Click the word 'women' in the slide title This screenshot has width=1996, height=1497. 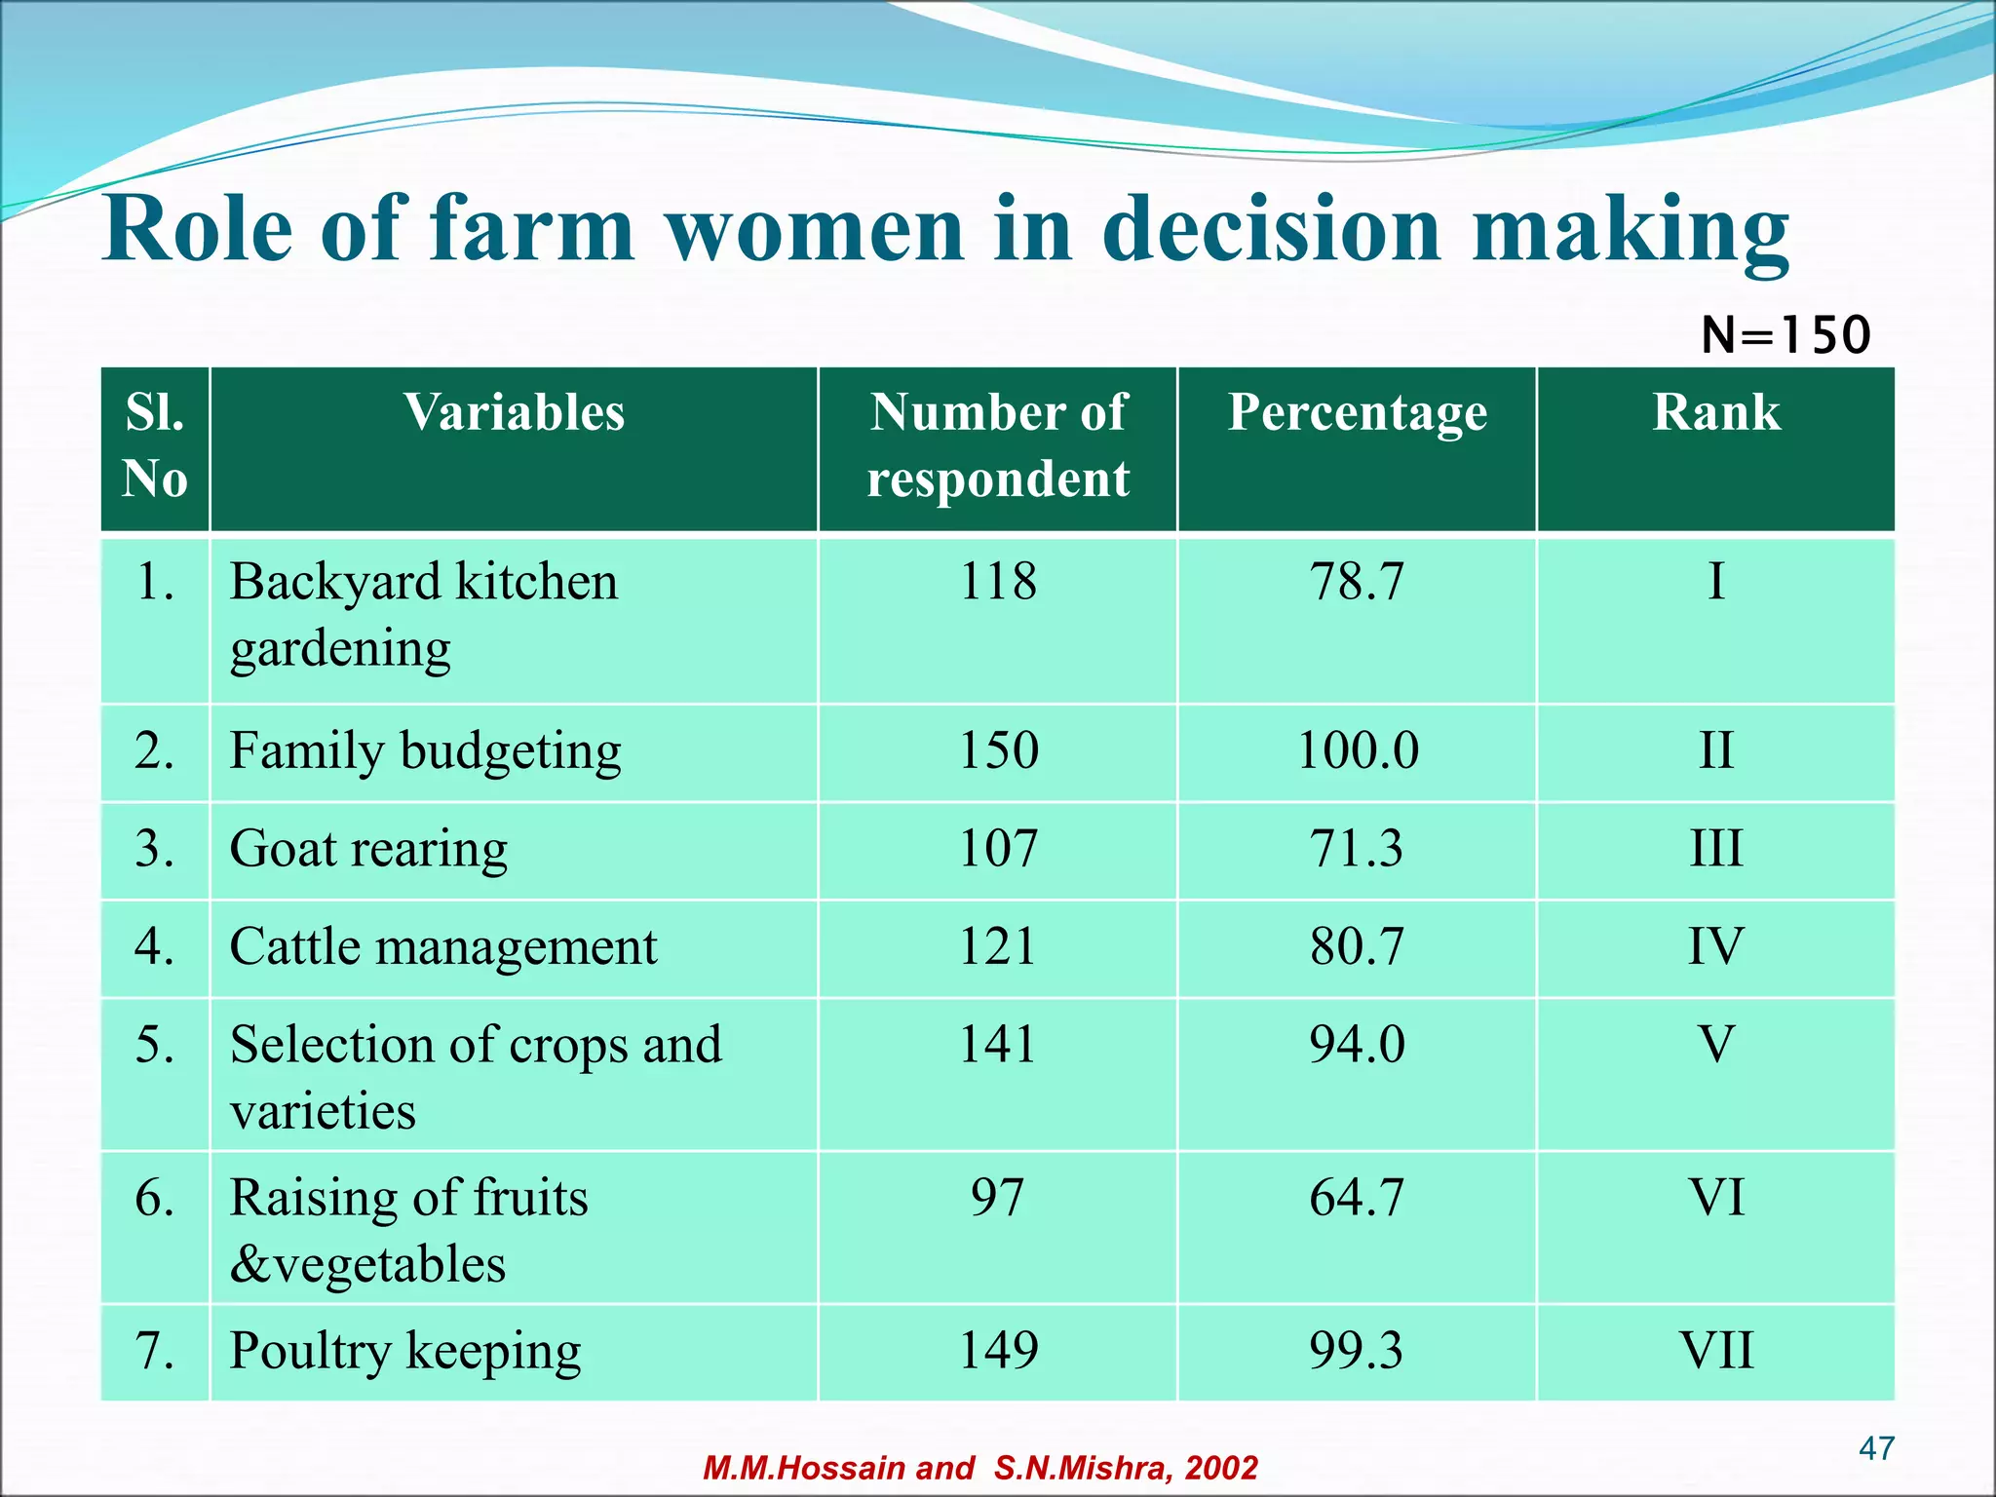(816, 230)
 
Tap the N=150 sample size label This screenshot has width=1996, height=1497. (1785, 335)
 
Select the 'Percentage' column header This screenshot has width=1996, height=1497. (1357, 412)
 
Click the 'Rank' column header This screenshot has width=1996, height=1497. (1716, 412)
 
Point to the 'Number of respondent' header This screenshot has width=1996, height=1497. (998, 445)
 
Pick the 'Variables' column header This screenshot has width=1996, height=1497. (514, 412)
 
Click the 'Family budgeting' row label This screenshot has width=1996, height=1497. (426, 751)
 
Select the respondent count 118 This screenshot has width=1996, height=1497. (998, 582)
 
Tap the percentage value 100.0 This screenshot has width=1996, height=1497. (1358, 751)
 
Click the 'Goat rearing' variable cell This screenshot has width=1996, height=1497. (368, 849)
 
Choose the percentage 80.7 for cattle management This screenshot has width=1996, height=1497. (1357, 946)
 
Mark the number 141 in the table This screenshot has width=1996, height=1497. (998, 1044)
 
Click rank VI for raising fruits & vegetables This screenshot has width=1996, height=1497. (1716, 1197)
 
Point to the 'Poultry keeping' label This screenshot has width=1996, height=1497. (405, 1351)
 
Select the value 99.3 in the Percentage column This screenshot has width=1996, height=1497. (1357, 1351)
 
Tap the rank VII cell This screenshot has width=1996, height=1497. (1716, 1351)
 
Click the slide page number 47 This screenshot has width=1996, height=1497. (1876, 1448)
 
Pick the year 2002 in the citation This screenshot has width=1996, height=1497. (1221, 1468)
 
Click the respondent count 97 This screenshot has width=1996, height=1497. (998, 1197)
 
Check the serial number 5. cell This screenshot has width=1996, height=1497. (155, 1044)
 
